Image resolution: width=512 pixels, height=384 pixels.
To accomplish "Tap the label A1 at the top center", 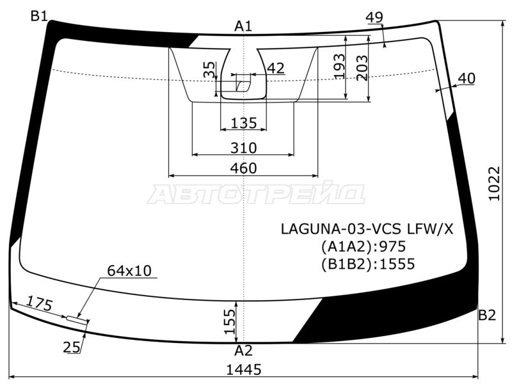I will (243, 26).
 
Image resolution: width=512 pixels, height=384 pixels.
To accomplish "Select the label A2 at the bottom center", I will (243, 351).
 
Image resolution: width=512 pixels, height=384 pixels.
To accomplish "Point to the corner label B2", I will (488, 315).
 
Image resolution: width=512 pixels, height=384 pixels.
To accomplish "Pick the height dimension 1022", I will (493, 184).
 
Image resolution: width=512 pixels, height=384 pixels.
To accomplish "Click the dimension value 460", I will (243, 168).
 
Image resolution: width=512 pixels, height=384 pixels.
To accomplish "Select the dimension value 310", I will (243, 148).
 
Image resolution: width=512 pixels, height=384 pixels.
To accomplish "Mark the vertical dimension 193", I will (340, 66).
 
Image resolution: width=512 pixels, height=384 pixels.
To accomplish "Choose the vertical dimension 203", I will (362, 68).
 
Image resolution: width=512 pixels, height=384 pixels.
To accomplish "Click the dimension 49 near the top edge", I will (374, 18).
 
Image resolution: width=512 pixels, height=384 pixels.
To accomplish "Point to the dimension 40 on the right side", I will (467, 79).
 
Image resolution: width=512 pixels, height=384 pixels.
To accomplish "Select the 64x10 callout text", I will (129, 271).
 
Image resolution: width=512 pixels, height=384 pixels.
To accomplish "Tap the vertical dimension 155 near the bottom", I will (229, 321).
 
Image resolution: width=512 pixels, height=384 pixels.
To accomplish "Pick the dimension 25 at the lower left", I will (72, 348).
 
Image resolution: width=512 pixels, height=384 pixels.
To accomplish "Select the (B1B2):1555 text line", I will (368, 263).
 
